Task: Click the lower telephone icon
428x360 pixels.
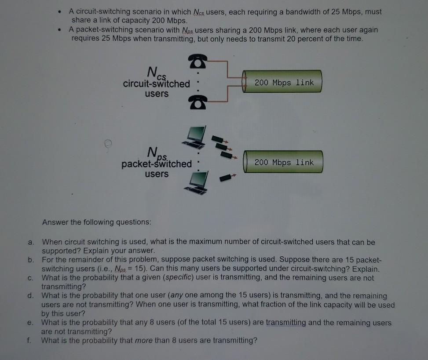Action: (198, 104)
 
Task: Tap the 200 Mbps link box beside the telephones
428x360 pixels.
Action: (284, 83)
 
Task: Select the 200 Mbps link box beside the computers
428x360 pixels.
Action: (284, 163)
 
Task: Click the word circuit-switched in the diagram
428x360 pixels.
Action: (157, 84)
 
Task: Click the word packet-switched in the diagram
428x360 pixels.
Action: (157, 164)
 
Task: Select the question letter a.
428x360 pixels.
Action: (30, 242)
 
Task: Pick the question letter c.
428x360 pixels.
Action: (30, 278)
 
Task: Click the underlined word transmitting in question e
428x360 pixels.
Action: (285, 323)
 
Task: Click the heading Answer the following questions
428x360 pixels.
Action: (96, 222)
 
